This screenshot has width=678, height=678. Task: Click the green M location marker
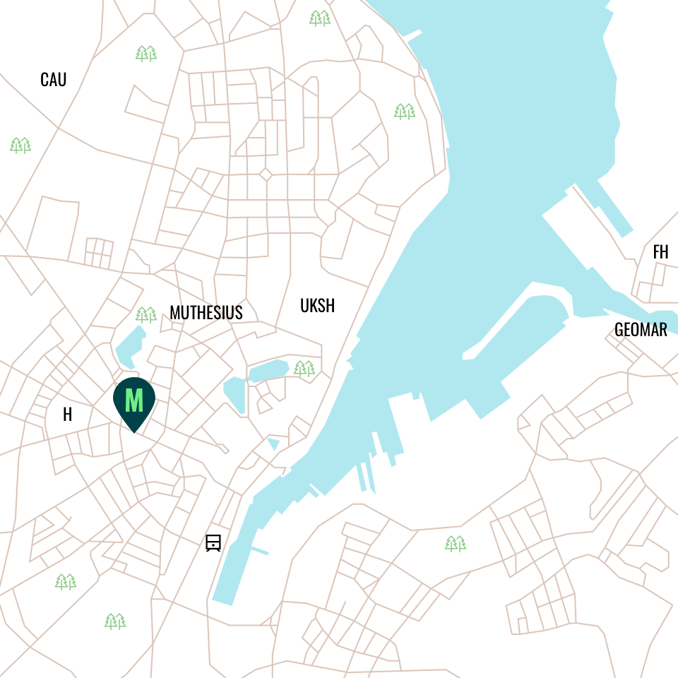click(x=133, y=400)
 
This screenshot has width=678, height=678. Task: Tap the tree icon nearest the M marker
click(x=146, y=314)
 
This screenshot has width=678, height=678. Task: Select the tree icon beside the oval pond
click(x=304, y=368)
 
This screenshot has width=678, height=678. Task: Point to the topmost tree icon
click(x=320, y=18)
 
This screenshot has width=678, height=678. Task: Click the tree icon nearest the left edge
click(x=20, y=145)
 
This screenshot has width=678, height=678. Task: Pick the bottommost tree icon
click(x=115, y=621)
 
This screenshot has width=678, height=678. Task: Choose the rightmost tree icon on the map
click(x=456, y=543)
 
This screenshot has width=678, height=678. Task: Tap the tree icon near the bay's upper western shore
click(x=405, y=111)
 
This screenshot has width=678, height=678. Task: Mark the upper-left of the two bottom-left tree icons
click(x=66, y=581)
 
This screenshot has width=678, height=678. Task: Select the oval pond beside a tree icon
click(x=269, y=371)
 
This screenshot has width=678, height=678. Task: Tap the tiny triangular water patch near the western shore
click(x=274, y=444)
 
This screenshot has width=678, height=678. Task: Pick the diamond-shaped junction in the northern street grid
click(x=266, y=174)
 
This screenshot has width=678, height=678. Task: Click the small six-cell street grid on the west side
click(x=99, y=253)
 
